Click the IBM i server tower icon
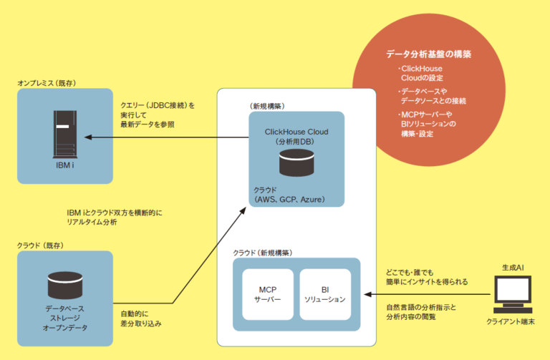tap(64, 133)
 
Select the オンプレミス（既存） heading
tap(47, 82)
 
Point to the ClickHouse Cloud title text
tap(296, 132)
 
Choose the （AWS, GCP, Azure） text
tap(283, 199)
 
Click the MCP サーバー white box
tap(268, 294)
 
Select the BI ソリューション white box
tap(325, 294)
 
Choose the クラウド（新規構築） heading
tap(263, 253)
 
